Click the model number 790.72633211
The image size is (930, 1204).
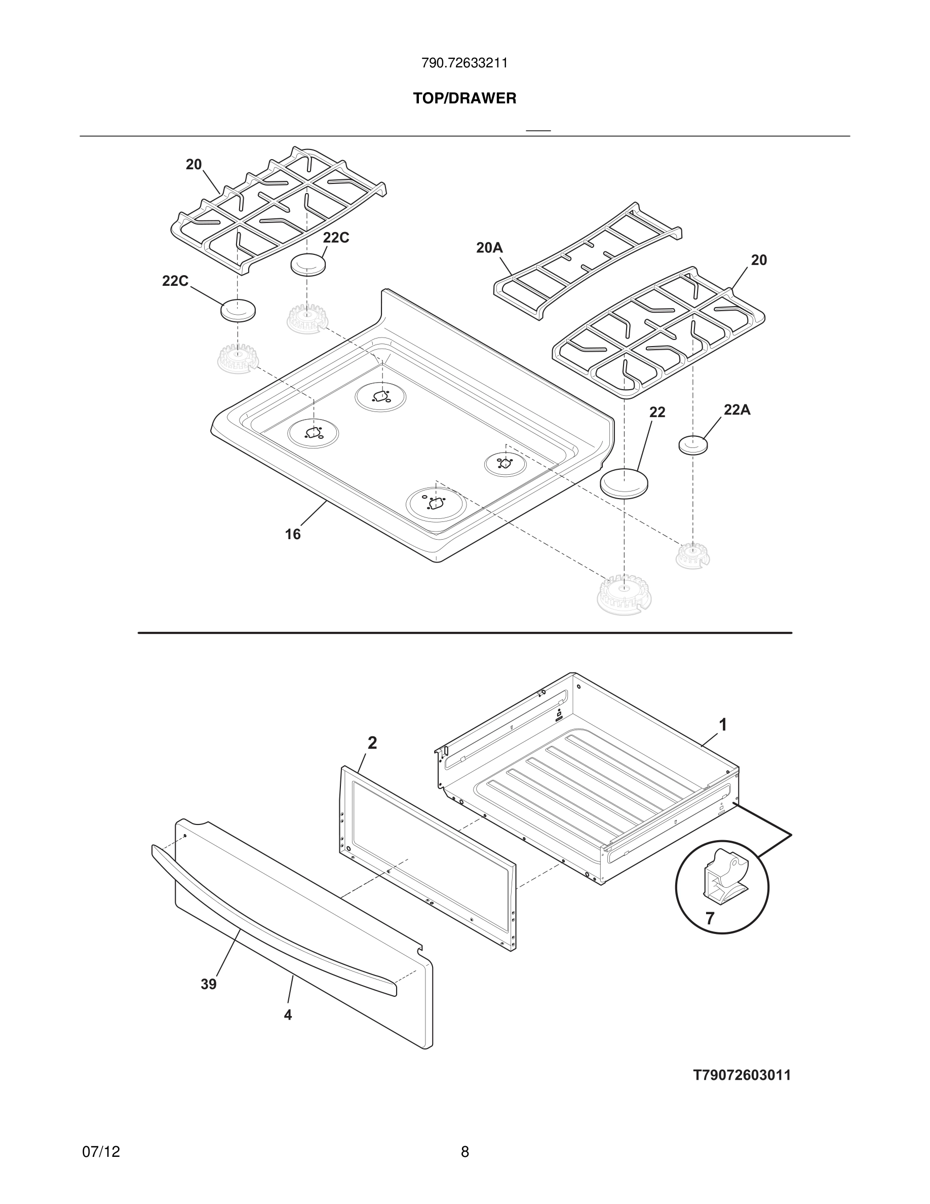pos(464,63)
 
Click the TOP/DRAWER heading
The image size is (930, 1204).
pos(464,99)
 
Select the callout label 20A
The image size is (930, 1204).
pos(489,248)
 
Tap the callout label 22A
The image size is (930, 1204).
pos(737,409)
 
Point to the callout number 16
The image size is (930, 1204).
pos(293,534)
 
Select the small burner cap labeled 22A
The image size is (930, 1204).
pos(693,444)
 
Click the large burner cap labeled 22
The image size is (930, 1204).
pos(624,482)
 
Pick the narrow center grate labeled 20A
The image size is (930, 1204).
pos(587,262)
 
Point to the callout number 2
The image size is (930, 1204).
pos(372,743)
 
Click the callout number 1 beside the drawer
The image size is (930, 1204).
pos(723,725)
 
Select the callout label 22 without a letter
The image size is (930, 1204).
pos(657,412)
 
